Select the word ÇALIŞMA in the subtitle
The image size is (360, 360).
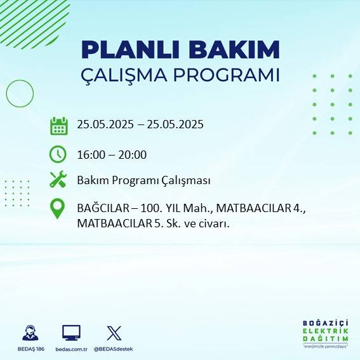(130, 75)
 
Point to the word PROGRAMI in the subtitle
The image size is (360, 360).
(230, 74)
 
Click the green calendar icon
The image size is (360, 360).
(58, 126)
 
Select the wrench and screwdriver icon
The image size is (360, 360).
(58, 180)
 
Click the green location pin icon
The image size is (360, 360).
(58, 209)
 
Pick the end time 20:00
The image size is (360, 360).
(134, 154)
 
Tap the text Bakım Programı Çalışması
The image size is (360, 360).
(143, 180)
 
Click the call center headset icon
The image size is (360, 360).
(30, 333)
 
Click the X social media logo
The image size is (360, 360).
(114, 333)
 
